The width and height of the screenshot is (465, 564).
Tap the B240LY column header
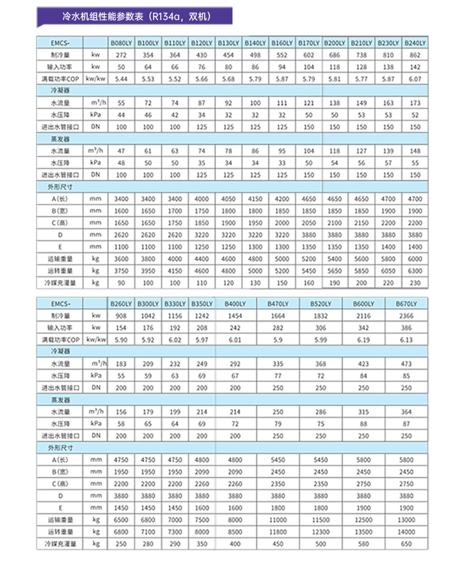pos(415,44)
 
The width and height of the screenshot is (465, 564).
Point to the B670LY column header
pos(406,303)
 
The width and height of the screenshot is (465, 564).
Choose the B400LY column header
pos(235,303)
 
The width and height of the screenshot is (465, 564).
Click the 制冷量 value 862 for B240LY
pos(415,55)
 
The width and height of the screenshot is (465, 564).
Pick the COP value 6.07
pos(415,78)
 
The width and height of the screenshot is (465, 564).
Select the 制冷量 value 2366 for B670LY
pos(406,316)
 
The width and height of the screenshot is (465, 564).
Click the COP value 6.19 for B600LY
pos(363,340)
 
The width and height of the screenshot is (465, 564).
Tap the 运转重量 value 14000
pos(406,532)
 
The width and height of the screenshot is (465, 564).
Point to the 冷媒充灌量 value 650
pos(406,545)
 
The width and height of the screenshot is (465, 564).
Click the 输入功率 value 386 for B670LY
pos(406,328)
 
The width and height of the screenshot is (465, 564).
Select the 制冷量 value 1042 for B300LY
pos(148,316)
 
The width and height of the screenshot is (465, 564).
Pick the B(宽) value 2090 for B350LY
pos(201,472)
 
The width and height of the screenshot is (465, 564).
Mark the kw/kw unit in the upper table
pos(96,78)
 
